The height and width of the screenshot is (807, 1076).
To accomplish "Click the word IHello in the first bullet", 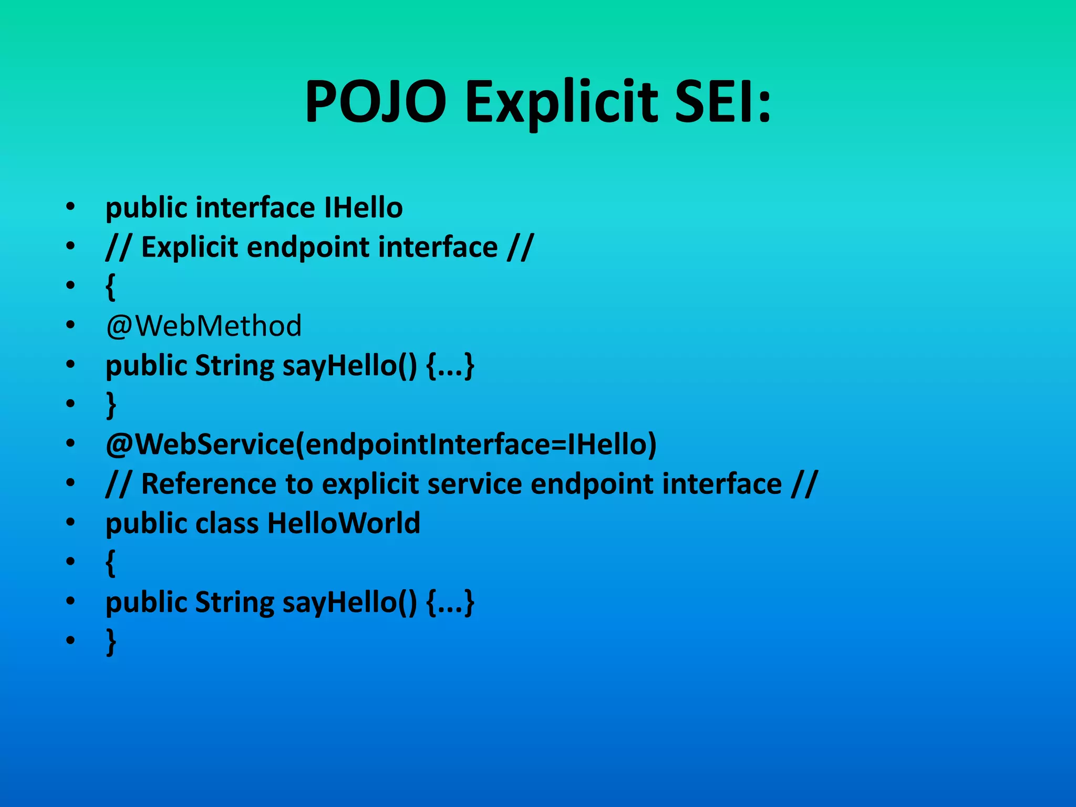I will (363, 207).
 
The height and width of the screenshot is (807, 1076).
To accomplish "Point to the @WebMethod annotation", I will (203, 326).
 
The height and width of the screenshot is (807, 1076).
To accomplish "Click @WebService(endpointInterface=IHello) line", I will (381, 444).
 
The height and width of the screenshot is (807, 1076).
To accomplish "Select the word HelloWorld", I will (344, 523).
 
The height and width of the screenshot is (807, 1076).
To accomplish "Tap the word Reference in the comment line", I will (209, 483).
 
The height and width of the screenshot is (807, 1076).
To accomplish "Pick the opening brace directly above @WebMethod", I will (110, 287).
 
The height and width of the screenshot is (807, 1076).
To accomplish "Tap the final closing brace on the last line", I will (110, 642).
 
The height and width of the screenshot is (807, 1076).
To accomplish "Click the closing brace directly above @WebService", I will (110, 405).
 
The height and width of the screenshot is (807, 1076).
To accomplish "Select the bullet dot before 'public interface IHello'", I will (70, 207).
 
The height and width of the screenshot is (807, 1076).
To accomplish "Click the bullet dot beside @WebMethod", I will (70, 326).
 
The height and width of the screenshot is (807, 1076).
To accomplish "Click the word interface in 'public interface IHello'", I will (255, 207).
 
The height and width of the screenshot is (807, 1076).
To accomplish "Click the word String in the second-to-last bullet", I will (234, 602).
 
